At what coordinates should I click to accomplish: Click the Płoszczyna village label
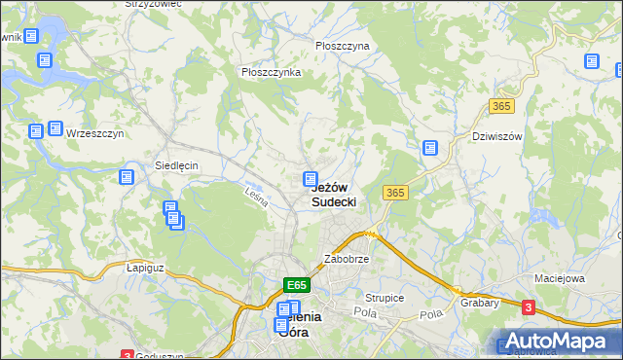(x=342, y=46)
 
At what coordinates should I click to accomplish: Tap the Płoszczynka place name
(x=271, y=72)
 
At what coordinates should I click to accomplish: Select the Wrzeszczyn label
(x=94, y=134)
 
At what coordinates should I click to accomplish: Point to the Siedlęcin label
(x=176, y=165)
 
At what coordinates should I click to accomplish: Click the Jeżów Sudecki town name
(x=334, y=195)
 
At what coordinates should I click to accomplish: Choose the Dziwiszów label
(x=496, y=136)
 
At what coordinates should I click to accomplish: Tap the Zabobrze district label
(x=346, y=261)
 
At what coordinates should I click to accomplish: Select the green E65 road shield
(x=298, y=285)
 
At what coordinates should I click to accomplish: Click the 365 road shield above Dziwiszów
(x=502, y=104)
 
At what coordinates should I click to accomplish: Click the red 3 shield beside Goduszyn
(x=127, y=355)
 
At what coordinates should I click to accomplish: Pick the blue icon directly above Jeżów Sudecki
(x=311, y=179)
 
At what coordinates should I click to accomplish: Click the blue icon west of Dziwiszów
(x=429, y=148)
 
